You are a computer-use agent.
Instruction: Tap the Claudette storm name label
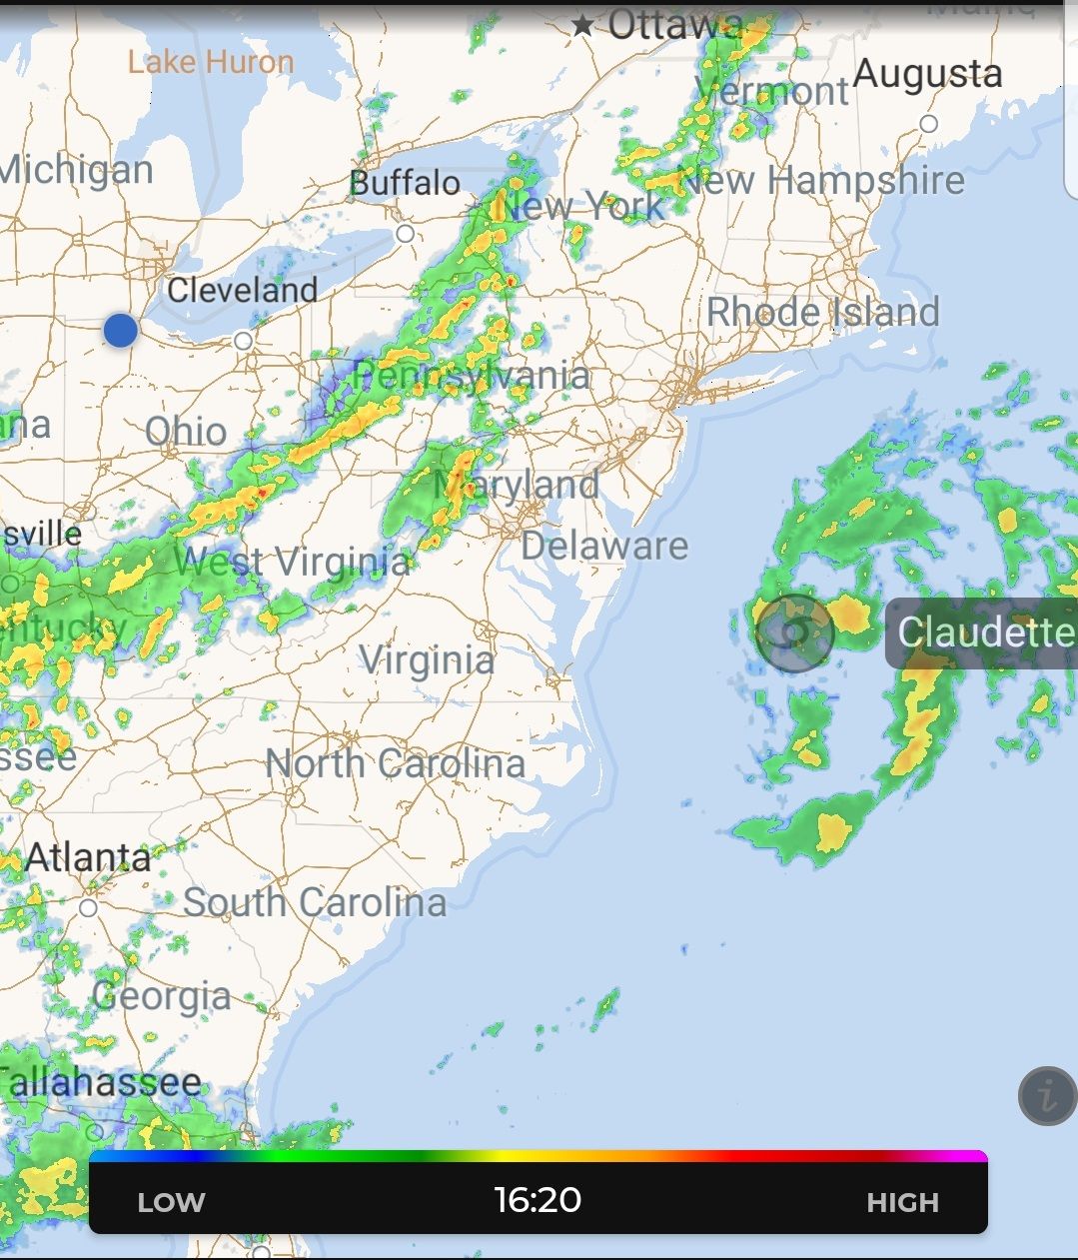point(984,632)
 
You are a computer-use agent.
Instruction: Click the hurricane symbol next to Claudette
point(794,631)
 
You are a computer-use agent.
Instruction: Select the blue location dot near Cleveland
point(120,330)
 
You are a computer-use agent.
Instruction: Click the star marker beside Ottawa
point(582,25)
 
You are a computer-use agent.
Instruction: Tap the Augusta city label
point(927,74)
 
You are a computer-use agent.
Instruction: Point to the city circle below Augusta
point(929,124)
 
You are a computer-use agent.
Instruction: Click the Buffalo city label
point(405,183)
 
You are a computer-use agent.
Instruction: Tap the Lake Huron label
point(211,62)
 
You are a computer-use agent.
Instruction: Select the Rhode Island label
point(823,312)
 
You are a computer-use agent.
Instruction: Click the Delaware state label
point(604,546)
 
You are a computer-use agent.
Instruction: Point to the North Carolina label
point(395,764)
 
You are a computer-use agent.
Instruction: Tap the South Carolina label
point(315,902)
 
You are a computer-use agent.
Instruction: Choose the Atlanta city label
point(88,857)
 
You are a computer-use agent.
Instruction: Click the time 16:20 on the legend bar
point(538,1199)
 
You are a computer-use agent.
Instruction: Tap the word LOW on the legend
point(171,1202)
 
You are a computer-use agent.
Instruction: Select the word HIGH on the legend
point(902,1202)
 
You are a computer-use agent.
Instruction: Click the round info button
point(1047,1096)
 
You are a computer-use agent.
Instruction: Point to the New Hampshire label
point(822,181)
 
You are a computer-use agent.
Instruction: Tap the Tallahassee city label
point(100,1082)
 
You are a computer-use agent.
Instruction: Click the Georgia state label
point(162,996)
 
